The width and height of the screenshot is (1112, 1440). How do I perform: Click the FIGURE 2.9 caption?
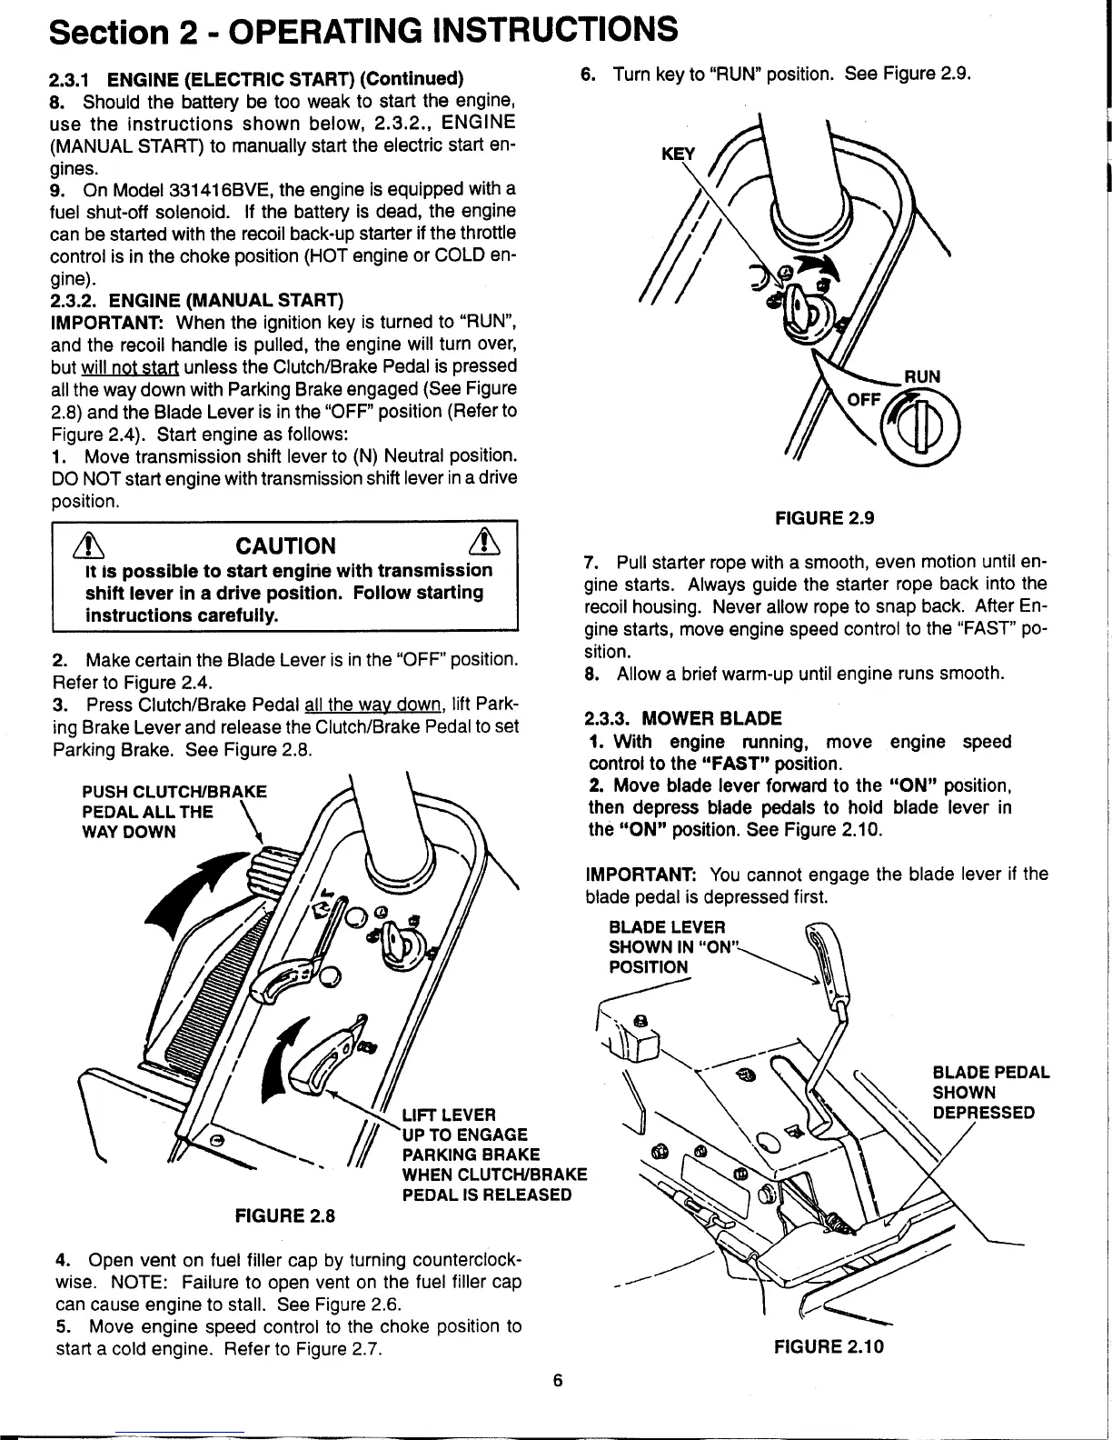[823, 518]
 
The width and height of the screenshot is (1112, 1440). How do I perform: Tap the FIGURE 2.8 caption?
[285, 1215]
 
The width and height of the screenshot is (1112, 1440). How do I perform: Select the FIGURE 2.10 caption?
[829, 1345]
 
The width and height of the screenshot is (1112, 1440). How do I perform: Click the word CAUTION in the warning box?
[285, 545]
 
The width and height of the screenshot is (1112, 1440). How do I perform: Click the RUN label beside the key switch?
[921, 376]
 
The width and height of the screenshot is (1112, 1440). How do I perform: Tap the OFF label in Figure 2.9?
[863, 400]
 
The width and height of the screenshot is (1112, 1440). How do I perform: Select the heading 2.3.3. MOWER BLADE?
[685, 718]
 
